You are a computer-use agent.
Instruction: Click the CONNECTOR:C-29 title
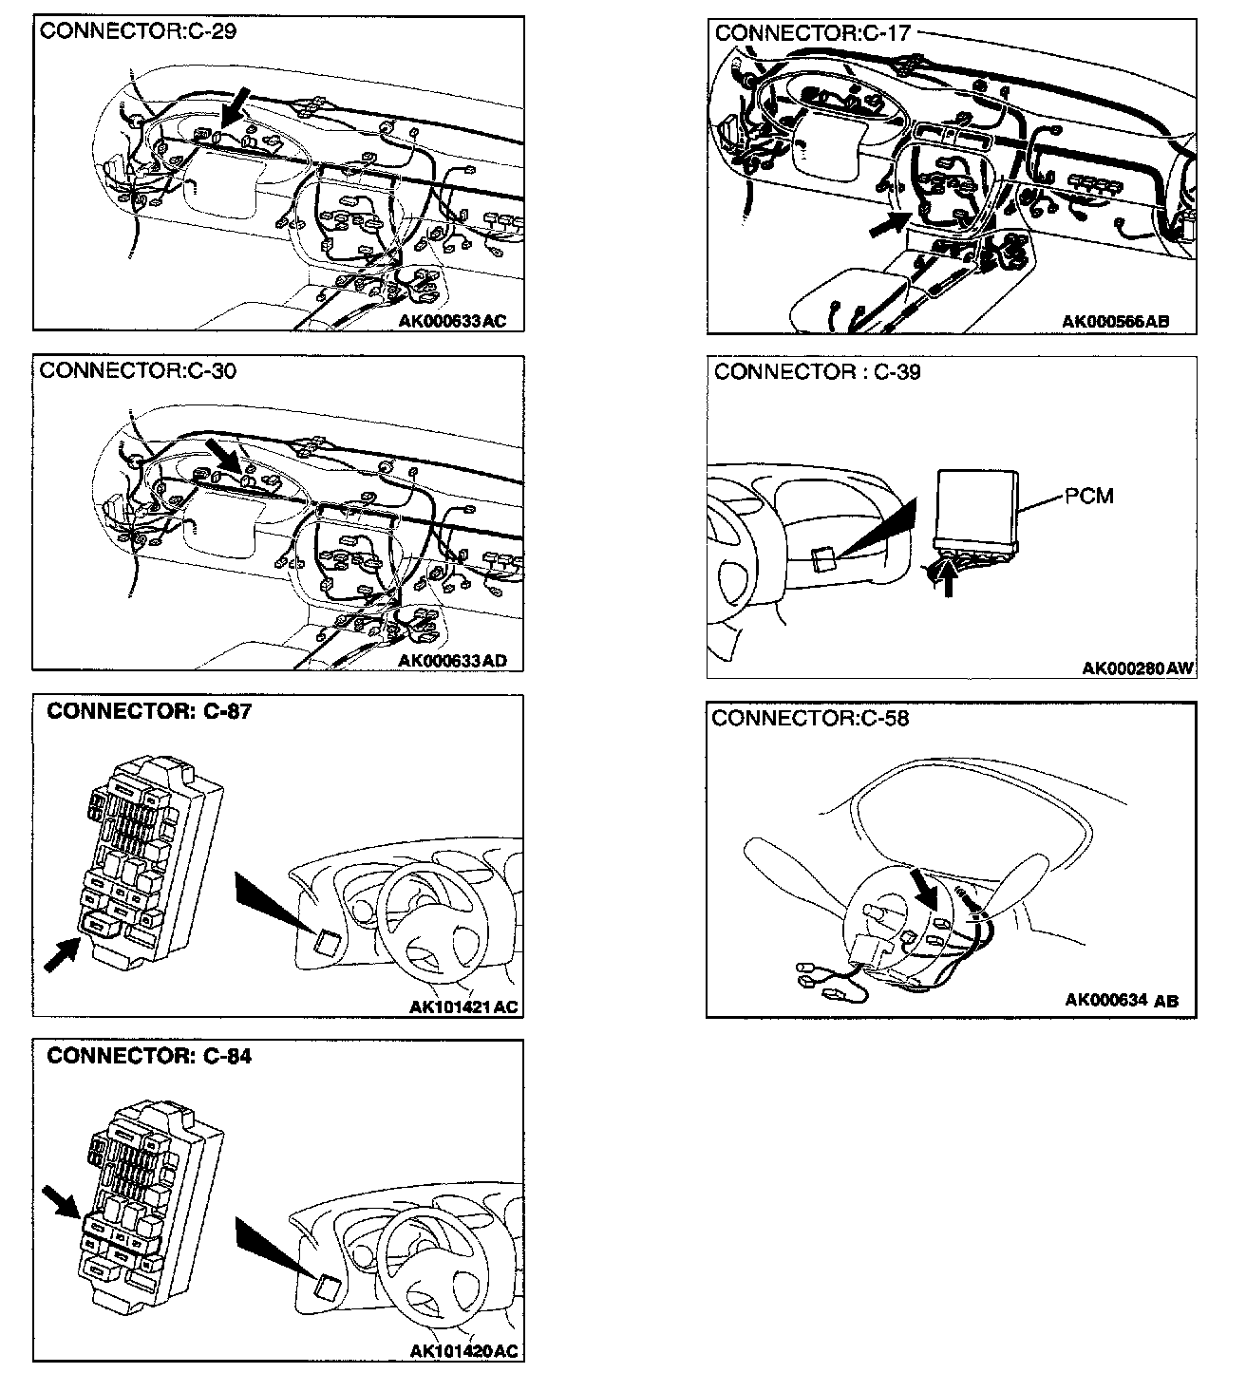click(x=138, y=30)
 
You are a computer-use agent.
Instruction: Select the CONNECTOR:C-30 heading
click(x=138, y=370)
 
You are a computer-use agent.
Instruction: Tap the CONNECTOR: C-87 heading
click(x=149, y=711)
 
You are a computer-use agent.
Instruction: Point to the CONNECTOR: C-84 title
click(x=149, y=1056)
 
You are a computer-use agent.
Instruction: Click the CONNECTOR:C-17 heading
click(x=812, y=33)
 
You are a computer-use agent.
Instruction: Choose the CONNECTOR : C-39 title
click(x=817, y=372)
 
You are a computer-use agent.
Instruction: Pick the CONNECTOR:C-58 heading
click(x=810, y=718)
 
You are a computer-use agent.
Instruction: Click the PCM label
click(x=1088, y=496)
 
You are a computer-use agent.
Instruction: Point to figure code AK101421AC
click(x=464, y=1006)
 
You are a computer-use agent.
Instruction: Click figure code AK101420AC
click(x=464, y=1351)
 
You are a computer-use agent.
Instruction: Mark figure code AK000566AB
click(x=1115, y=321)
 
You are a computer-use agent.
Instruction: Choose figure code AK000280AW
click(x=1137, y=668)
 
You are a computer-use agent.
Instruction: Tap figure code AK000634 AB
click(x=1122, y=1000)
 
